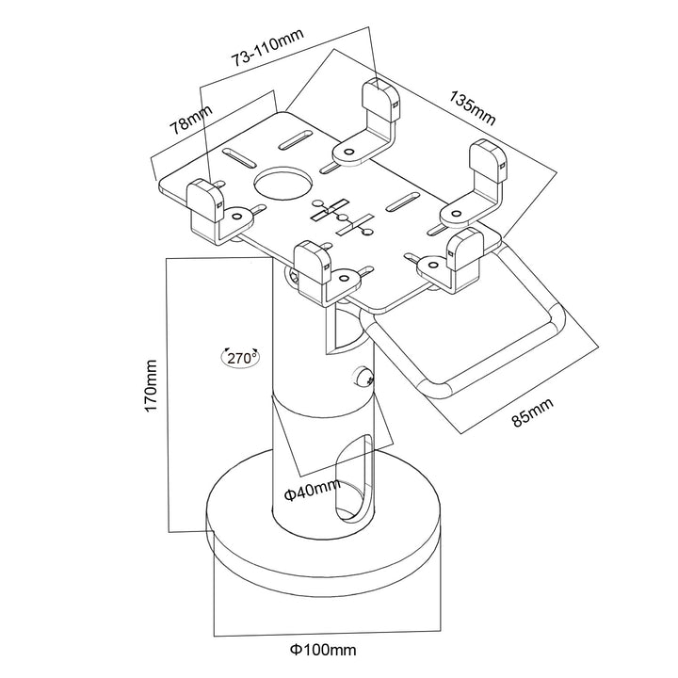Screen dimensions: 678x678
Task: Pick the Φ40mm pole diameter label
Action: point(311,490)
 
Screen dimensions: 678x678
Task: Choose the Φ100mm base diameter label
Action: point(323,649)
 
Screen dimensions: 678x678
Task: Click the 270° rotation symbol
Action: point(243,358)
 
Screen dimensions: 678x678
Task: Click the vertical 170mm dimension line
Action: point(166,395)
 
